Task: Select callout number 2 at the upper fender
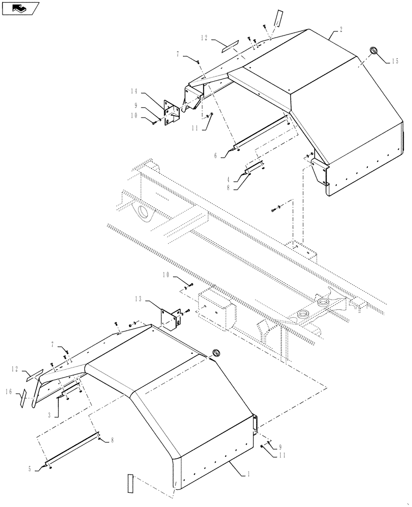(x=341, y=29)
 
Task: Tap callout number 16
(x=8, y=392)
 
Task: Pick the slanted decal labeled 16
(x=23, y=399)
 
